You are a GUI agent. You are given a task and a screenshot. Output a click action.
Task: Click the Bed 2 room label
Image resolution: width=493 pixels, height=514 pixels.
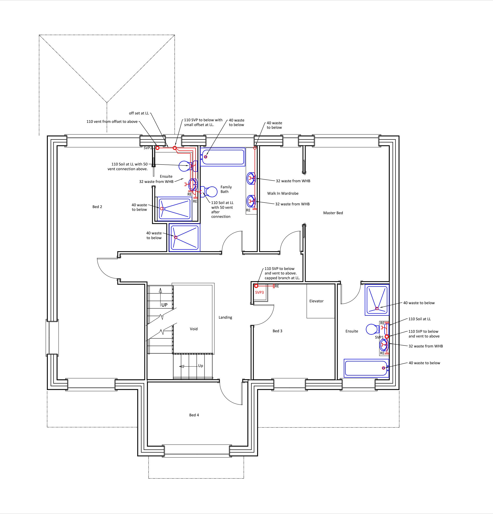point(97,207)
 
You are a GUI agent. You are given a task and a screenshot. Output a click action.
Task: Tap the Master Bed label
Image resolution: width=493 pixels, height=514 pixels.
point(333,213)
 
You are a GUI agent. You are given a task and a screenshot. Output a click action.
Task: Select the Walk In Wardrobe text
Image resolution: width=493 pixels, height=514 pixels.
point(283,193)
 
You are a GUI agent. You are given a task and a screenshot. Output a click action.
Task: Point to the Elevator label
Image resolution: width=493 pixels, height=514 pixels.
point(316,301)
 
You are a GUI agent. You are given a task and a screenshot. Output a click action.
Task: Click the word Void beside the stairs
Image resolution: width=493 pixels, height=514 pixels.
point(194,329)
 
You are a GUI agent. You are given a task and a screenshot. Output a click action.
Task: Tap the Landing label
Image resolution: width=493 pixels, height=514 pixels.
point(225,317)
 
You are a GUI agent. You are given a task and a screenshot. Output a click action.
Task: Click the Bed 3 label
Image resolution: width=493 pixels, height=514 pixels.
point(278,331)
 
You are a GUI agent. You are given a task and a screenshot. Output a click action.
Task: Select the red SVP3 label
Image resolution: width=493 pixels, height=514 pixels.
point(259,292)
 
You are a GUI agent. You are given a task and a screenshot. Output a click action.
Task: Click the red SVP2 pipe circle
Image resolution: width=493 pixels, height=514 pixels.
point(158,148)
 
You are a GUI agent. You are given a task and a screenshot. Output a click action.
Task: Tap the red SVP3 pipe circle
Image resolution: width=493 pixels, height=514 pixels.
point(256,286)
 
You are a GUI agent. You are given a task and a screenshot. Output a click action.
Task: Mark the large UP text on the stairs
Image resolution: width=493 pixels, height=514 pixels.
point(164,305)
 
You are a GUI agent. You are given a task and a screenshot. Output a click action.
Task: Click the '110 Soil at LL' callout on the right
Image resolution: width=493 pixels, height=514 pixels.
point(419,319)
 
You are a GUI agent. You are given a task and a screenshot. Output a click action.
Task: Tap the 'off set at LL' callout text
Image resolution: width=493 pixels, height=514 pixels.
point(139,113)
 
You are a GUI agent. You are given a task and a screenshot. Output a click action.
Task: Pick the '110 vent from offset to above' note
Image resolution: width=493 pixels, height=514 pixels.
point(112,121)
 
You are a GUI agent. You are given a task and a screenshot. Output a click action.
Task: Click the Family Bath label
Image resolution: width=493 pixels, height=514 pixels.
point(226,189)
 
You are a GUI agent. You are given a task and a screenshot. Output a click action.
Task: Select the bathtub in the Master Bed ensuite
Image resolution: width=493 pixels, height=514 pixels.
point(366,368)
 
